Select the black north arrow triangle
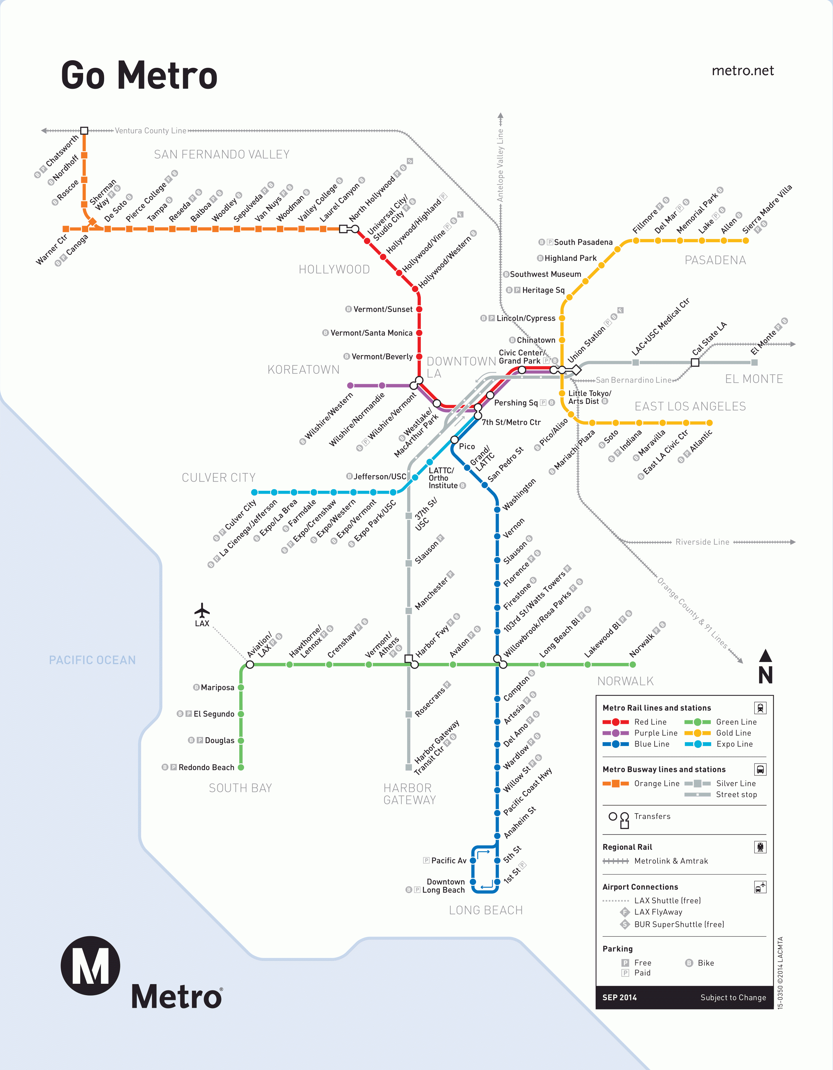pos(765,656)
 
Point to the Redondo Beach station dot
pos(241,767)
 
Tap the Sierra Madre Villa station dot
pos(746,241)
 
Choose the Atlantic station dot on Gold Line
pos(710,423)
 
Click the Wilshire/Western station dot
pos(350,386)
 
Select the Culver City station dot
pos(254,492)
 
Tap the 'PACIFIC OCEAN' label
pos(92,660)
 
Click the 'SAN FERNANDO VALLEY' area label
pos(221,154)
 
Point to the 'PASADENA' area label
pos(715,260)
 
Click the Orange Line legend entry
pos(641,783)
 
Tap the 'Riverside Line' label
pos(702,542)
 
